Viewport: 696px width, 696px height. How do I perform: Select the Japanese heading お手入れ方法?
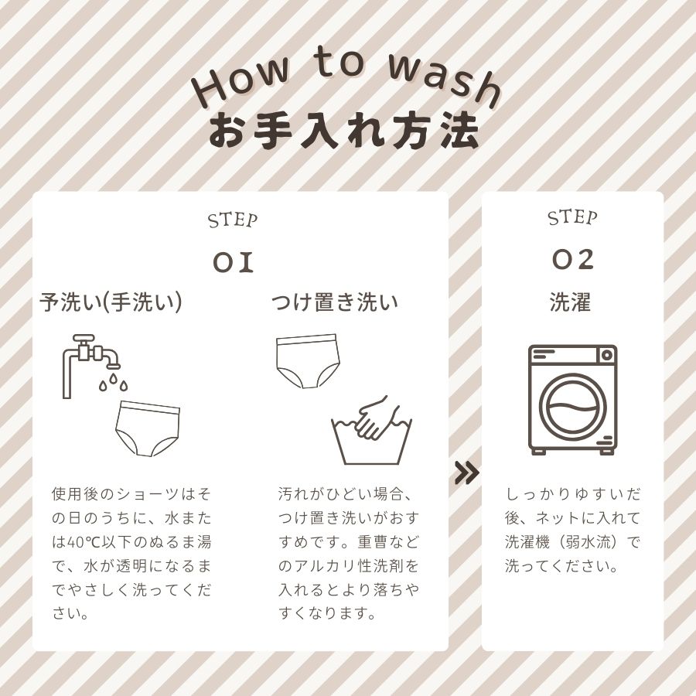pyautogui.click(x=344, y=131)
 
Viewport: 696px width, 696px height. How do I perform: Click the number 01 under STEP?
pyautogui.click(x=233, y=262)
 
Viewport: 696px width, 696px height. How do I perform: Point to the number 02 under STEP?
pyautogui.click(x=572, y=259)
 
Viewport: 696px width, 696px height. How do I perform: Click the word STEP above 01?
pyautogui.click(x=233, y=220)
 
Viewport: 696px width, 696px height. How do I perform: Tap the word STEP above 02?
pyautogui.click(x=572, y=217)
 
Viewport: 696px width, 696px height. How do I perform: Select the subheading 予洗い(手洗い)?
pyautogui.click(x=111, y=302)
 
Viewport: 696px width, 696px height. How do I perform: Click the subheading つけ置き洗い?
pyautogui.click(x=335, y=302)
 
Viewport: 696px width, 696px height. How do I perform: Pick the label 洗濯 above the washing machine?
pyautogui.click(x=571, y=302)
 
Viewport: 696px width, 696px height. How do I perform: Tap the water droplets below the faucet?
pyautogui.click(x=113, y=383)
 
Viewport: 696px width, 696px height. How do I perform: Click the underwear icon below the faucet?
pyautogui.click(x=148, y=428)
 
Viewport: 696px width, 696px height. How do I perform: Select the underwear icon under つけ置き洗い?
pyautogui.click(x=308, y=361)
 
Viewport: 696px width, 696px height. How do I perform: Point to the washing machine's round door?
pyautogui.click(x=572, y=407)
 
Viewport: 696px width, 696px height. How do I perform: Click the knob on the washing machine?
pyautogui.click(x=607, y=355)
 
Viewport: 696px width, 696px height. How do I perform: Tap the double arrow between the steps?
pyautogui.click(x=467, y=473)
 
